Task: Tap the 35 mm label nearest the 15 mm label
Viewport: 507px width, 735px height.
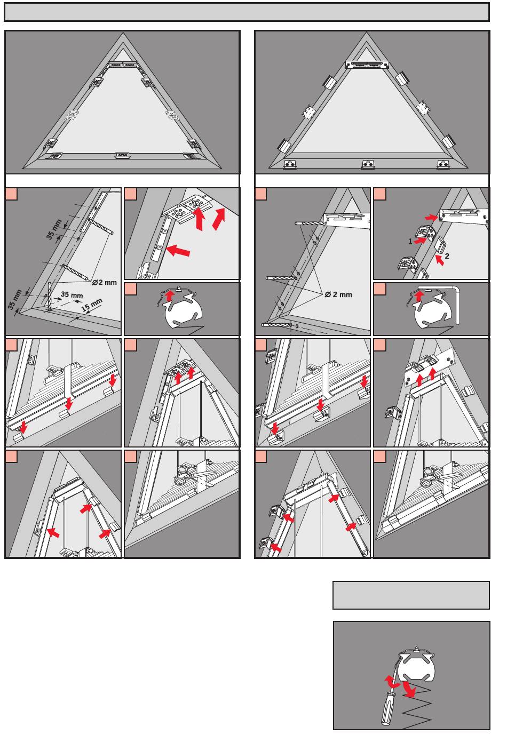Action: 72,294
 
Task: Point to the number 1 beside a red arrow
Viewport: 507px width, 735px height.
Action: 410,241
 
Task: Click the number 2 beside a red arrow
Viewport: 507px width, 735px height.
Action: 447,256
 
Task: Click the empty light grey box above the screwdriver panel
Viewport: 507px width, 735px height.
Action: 411,595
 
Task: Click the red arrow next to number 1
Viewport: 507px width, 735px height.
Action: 422,240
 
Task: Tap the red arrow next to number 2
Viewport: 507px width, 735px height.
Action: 438,260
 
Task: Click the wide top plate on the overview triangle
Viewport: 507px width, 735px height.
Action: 367,65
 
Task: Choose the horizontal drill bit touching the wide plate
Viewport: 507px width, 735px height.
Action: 310,222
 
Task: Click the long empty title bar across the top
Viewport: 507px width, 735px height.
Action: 247,12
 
